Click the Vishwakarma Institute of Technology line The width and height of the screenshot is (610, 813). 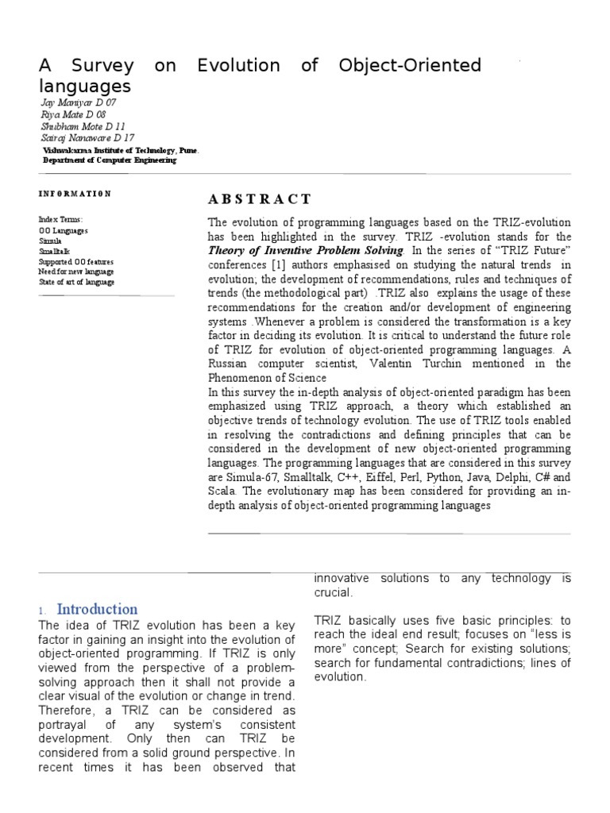coord(121,149)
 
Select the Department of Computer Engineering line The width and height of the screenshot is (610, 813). coord(109,160)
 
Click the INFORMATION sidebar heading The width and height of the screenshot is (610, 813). coord(75,194)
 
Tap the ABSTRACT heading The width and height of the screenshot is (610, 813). coord(260,199)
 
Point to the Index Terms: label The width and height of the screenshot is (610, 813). coord(60,219)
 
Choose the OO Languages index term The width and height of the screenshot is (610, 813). coord(64,230)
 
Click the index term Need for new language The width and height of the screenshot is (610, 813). coord(75,272)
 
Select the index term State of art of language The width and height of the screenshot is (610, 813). coord(76,282)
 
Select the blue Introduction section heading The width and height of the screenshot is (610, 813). coord(97,609)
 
